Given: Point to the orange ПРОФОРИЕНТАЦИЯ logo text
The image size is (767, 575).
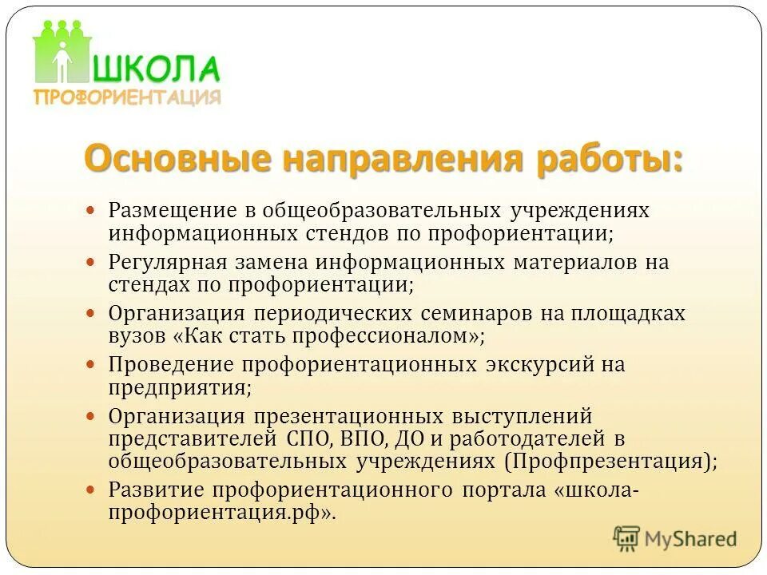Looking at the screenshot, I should coord(127,97).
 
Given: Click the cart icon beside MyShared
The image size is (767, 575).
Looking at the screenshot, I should coord(627,538).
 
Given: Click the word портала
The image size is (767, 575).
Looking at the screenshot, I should coord(502,490).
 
